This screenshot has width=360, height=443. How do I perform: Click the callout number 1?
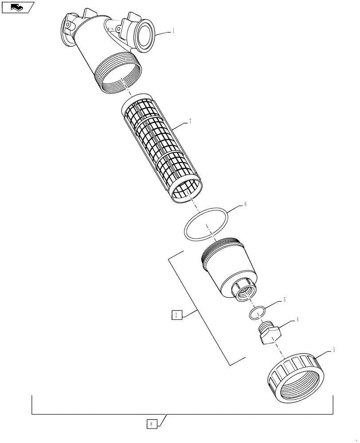point(173,31)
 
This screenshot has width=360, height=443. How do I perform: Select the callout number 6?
point(245,205)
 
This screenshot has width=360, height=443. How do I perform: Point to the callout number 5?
point(285,300)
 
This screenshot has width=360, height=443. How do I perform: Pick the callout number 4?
point(297,319)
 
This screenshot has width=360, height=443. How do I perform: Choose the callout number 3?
point(333,350)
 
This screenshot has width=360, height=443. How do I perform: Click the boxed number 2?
point(176,315)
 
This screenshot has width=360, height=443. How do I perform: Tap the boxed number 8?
point(151,424)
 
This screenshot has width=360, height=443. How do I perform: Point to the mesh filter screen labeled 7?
point(162,148)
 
